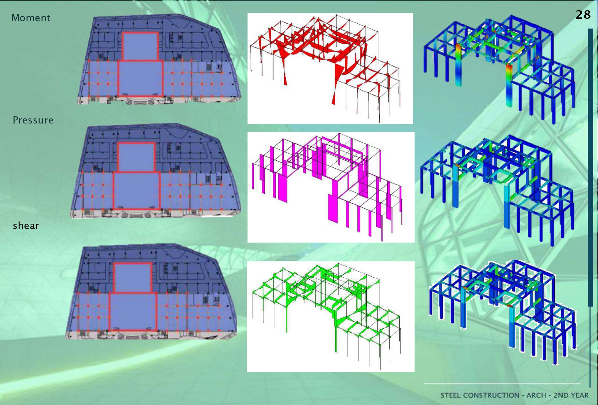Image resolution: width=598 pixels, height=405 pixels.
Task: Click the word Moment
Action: [x=31, y=18]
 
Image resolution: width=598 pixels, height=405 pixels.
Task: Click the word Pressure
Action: [x=33, y=120]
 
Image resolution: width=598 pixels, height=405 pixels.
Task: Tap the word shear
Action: [x=26, y=226]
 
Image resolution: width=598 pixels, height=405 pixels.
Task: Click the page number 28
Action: [x=583, y=15]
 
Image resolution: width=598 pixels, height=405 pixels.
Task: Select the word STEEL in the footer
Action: [x=450, y=395]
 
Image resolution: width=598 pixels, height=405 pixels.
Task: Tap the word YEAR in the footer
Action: [x=580, y=395]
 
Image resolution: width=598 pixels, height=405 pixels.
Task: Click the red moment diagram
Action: [x=330, y=68]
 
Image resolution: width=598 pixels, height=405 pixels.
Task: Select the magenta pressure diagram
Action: [x=331, y=187]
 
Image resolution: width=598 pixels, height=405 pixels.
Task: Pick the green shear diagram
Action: [x=330, y=316]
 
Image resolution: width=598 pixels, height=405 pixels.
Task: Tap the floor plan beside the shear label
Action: [x=152, y=292]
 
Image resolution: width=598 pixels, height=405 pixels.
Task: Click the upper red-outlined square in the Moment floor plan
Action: [x=140, y=46]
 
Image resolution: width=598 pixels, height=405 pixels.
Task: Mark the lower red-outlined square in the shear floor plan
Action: [x=133, y=311]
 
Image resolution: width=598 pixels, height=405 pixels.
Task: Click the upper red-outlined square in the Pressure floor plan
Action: [x=136, y=157]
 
